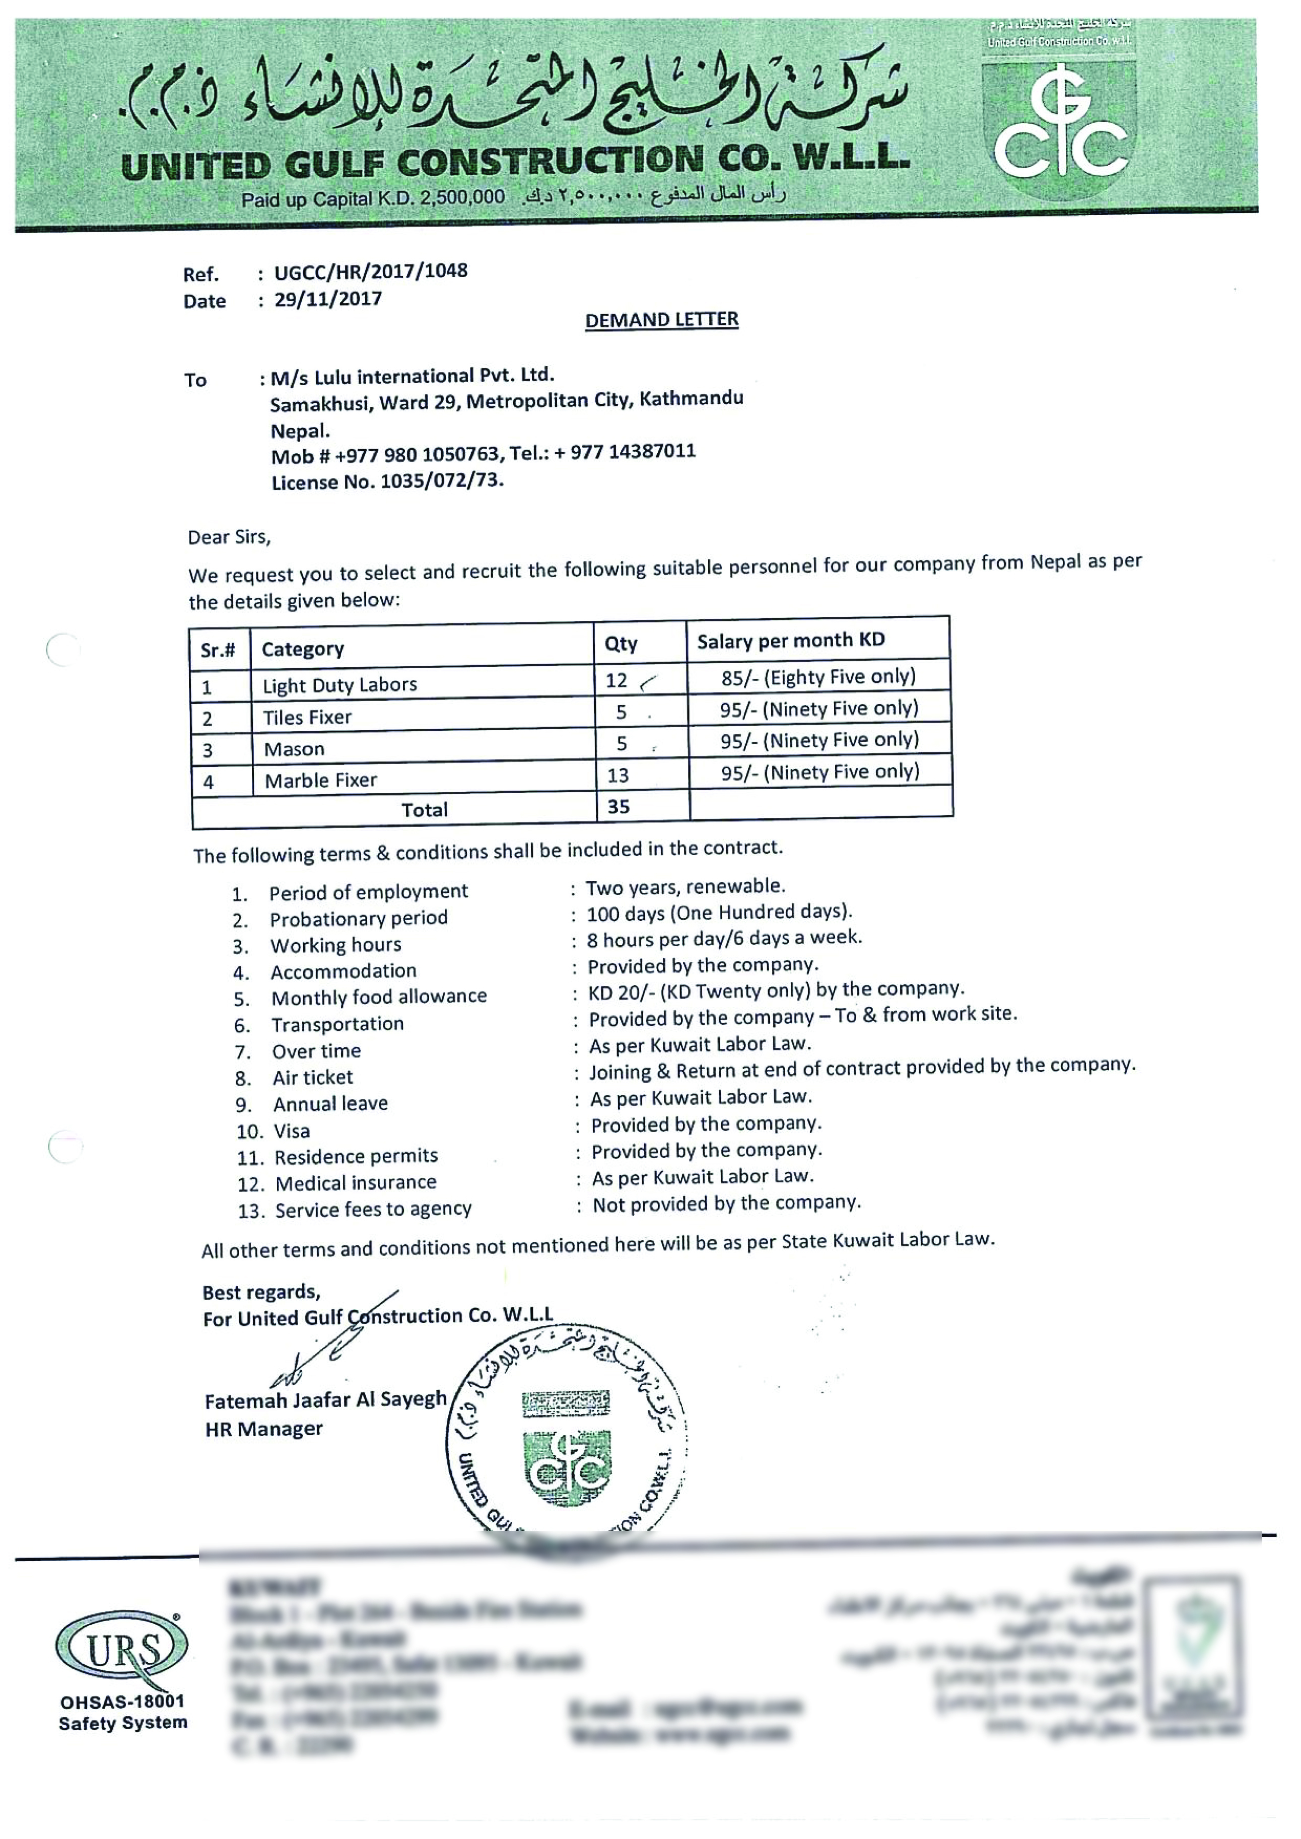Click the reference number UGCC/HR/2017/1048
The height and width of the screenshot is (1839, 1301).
point(370,271)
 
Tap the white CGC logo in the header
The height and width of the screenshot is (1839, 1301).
point(1061,132)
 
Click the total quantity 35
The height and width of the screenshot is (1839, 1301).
point(619,807)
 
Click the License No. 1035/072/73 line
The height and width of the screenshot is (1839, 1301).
point(387,481)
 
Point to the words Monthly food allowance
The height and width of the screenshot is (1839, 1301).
point(379,997)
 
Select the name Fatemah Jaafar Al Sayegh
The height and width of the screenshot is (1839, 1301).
point(325,1400)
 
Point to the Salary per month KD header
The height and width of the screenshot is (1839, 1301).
point(791,641)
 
